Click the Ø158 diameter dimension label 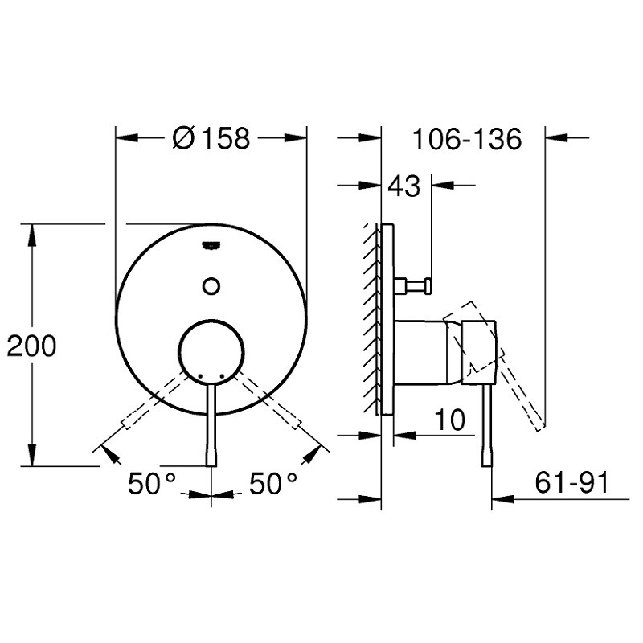tap(211, 137)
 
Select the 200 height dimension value tap(31, 346)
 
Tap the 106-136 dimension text tap(467, 139)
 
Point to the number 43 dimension tap(404, 186)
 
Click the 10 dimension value tap(450, 420)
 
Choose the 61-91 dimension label tap(571, 483)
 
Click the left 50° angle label tap(152, 483)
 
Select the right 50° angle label tap(273, 483)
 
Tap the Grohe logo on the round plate tap(211, 245)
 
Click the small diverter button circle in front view tap(211, 286)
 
